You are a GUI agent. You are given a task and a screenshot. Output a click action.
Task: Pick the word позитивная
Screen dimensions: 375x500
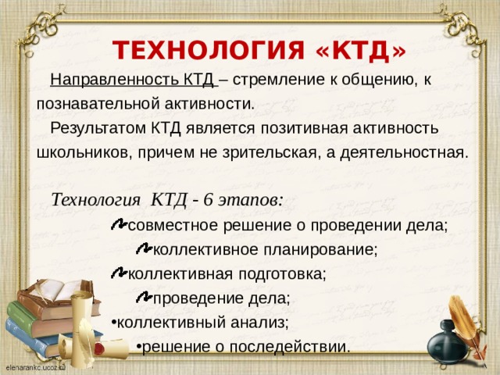pos(308,127)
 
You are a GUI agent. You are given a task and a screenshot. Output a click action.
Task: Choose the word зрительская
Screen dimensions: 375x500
pos(264,152)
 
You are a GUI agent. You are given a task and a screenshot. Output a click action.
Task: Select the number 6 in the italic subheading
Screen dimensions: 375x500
pos(208,198)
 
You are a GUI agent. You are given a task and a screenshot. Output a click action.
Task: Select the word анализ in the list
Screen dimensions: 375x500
pos(262,322)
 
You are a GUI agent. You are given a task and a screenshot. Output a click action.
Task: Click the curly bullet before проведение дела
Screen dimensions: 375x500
pos(143,297)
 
